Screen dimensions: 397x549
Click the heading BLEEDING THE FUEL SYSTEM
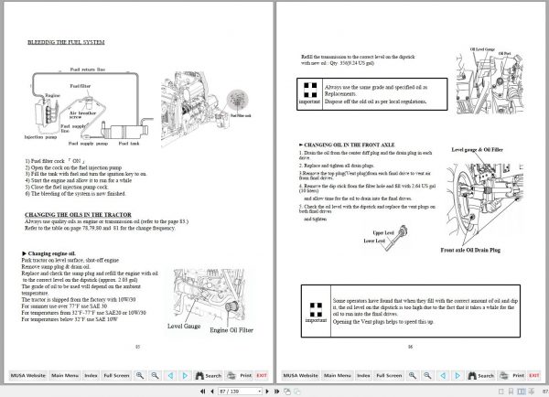tap(66, 43)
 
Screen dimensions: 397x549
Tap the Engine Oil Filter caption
tap(231, 329)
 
